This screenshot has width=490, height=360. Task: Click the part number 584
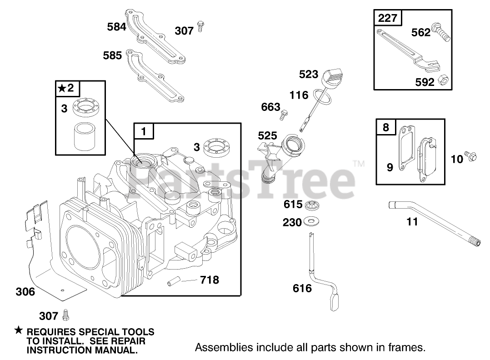tap(117, 27)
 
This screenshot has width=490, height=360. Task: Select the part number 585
tap(112, 55)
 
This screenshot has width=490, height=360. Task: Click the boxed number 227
tap(387, 18)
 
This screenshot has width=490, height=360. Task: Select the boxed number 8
tap(385, 128)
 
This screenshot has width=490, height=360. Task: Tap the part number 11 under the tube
tap(412, 222)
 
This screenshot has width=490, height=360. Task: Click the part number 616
tap(302, 288)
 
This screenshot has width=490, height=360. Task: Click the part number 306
tap(25, 292)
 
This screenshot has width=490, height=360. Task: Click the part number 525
tap(267, 136)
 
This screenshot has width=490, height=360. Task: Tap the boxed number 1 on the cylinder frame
tap(144, 132)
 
